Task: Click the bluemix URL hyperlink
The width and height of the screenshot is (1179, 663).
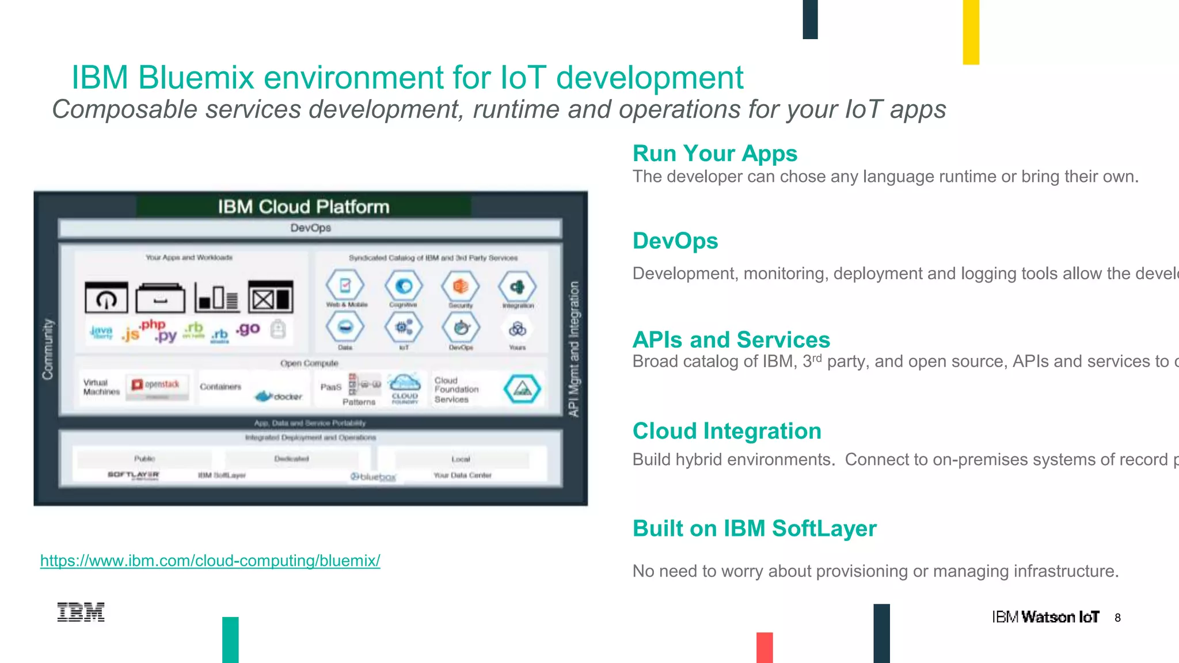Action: click(210, 561)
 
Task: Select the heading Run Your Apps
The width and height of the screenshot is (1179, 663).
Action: click(714, 154)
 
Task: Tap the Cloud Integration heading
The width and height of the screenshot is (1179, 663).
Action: click(727, 431)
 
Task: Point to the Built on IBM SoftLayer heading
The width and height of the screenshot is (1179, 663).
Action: click(754, 528)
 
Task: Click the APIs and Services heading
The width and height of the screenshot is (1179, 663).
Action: click(731, 340)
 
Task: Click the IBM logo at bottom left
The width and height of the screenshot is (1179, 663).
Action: click(81, 612)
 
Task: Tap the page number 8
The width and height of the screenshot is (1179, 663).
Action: click(1117, 618)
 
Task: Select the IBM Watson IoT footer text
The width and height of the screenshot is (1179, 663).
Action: click(1045, 618)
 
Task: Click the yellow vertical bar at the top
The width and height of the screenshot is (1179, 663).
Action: click(971, 32)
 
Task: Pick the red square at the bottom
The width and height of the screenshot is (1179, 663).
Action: click(765, 647)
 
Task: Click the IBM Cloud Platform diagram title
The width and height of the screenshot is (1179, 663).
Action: click(303, 207)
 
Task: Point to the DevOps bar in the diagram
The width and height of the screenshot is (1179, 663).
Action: click(310, 228)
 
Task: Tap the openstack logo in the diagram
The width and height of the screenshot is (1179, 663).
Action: click(157, 385)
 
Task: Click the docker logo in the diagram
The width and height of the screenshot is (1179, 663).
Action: click(279, 396)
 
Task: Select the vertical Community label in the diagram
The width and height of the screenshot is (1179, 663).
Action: click(48, 349)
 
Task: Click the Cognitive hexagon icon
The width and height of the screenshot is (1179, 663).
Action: click(404, 287)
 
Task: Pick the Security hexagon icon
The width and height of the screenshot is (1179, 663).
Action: click(461, 287)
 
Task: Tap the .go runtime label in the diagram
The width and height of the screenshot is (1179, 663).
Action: click(248, 329)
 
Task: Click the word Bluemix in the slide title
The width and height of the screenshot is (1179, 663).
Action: click(196, 78)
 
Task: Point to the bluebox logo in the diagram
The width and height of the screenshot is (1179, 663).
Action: click(374, 477)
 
